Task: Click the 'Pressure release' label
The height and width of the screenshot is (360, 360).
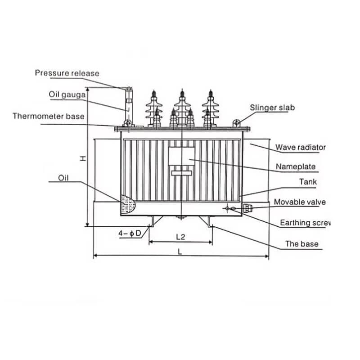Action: click(67, 73)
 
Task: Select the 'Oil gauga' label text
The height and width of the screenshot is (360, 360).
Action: click(67, 94)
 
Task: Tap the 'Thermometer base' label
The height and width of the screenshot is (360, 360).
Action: click(49, 116)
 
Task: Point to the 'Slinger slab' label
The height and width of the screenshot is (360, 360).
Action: click(272, 108)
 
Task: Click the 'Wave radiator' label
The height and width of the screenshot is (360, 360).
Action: click(301, 147)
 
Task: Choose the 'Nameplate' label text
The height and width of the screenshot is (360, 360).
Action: click(296, 166)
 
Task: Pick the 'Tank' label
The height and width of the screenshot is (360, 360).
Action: click(308, 182)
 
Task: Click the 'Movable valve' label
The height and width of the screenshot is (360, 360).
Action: click(300, 202)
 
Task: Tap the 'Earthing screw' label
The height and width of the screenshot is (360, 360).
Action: click(305, 223)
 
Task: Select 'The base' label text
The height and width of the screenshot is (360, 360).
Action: click(302, 244)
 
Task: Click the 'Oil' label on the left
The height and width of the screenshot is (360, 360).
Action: click(63, 178)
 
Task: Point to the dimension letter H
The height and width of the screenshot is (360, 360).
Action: click(83, 158)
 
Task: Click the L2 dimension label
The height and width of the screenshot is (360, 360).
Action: click(180, 237)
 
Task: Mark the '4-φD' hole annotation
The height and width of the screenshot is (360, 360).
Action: click(130, 234)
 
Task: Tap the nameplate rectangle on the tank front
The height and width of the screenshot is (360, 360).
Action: click(181, 156)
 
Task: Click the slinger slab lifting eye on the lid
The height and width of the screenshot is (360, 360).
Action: click(237, 123)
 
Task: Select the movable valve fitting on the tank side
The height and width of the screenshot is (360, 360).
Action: click(247, 208)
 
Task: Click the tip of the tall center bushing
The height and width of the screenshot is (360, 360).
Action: click(182, 89)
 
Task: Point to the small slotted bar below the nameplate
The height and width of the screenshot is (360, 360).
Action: click(182, 173)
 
